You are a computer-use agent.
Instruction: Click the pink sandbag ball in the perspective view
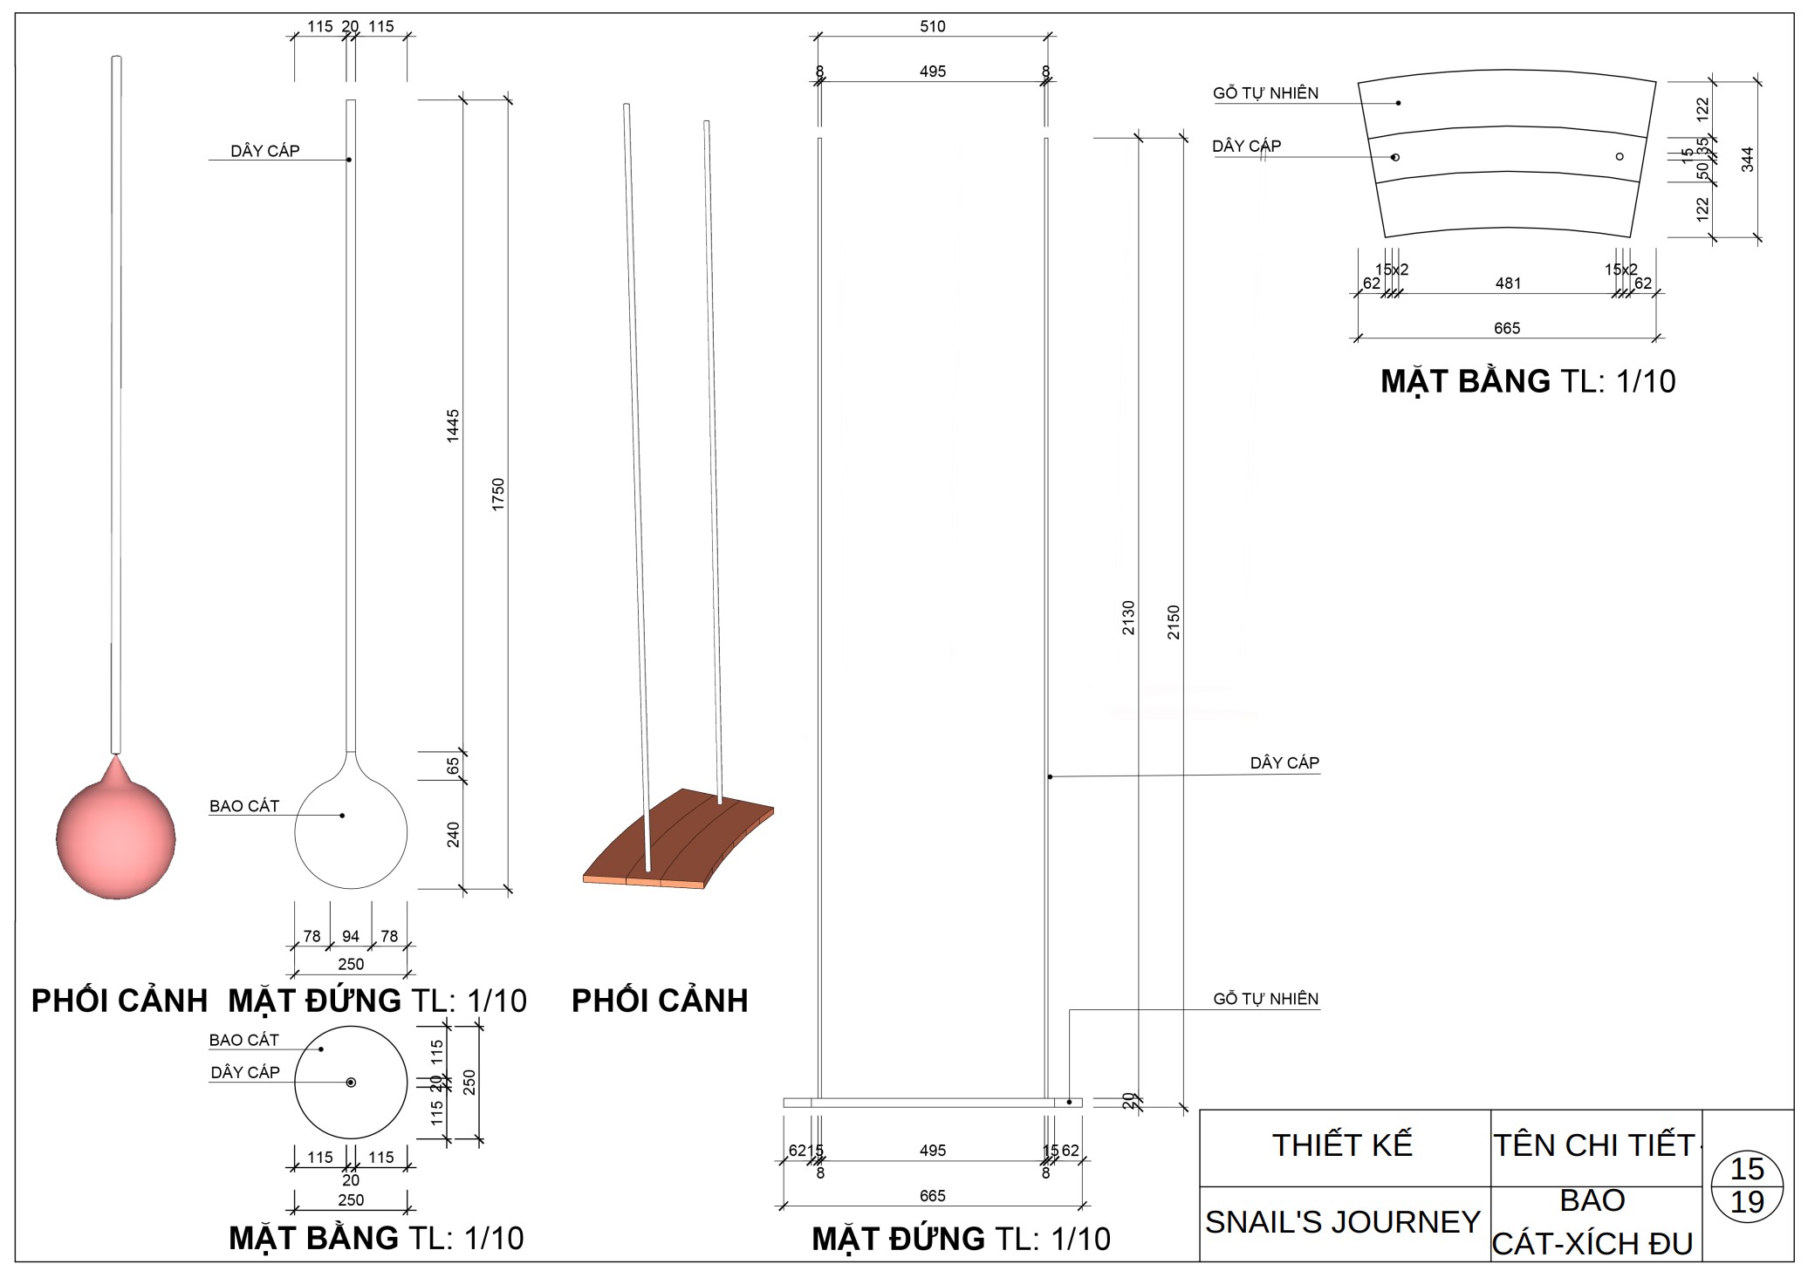click(x=116, y=837)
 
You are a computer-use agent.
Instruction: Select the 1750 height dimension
click(x=498, y=494)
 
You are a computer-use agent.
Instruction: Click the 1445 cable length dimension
click(x=453, y=426)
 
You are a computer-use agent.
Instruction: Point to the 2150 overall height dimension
click(x=1174, y=622)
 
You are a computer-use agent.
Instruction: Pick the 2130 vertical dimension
click(x=1128, y=618)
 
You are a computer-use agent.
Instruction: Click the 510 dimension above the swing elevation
click(x=932, y=26)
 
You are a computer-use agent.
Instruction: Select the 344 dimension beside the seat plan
click(x=1747, y=159)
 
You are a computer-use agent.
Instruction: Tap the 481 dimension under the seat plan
click(x=1508, y=284)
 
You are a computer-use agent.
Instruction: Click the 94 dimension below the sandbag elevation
click(x=351, y=936)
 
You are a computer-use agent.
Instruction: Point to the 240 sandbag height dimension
click(x=453, y=835)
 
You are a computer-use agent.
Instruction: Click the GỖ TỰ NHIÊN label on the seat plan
click(x=1265, y=93)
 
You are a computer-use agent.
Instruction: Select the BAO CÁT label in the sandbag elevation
click(x=244, y=806)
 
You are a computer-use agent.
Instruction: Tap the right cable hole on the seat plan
click(x=1620, y=157)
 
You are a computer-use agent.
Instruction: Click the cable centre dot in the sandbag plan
click(x=351, y=1083)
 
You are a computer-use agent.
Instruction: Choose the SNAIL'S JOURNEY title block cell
click(x=1343, y=1222)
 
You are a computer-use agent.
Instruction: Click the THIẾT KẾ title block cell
click(x=1343, y=1145)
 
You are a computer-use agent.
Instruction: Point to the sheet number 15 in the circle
click(x=1747, y=1169)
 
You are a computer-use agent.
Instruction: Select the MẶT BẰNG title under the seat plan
click(x=1527, y=381)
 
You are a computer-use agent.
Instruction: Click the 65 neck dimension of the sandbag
click(x=453, y=766)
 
